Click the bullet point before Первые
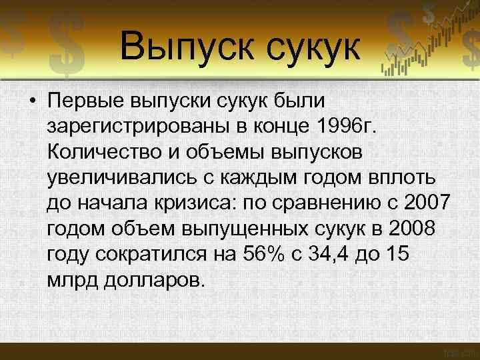tap(32, 103)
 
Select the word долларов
tap(151, 278)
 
